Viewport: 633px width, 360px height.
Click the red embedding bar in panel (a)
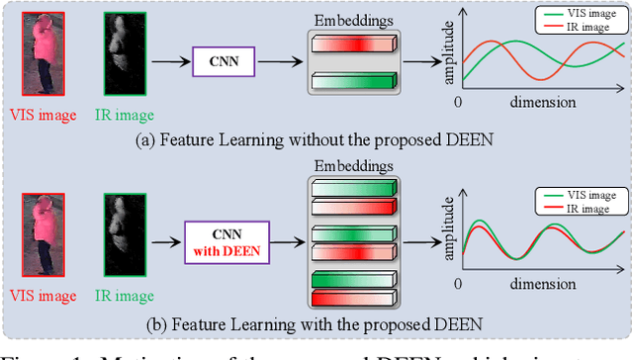pos(353,45)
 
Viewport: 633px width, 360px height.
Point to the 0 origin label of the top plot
pos(458,103)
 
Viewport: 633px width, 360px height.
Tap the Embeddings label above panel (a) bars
pos(353,20)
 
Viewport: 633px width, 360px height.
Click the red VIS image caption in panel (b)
pos(41,296)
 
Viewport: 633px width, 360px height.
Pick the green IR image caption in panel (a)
pos(125,115)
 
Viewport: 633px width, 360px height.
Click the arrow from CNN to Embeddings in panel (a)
pos(284,62)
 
